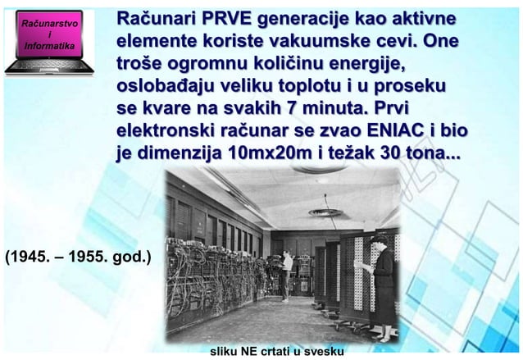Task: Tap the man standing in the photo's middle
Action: pyautogui.click(x=285, y=271)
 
